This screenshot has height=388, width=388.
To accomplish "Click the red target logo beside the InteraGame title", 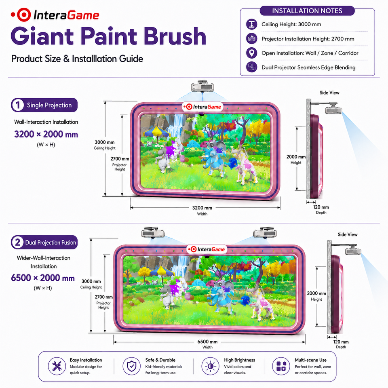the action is [x=24, y=15].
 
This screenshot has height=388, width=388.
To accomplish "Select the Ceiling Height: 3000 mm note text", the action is [x=291, y=24].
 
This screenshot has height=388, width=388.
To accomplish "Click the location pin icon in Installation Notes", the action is [x=252, y=53].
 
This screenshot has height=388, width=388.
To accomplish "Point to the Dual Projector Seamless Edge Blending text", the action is [x=308, y=67].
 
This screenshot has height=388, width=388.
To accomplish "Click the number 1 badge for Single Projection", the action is [x=17, y=105].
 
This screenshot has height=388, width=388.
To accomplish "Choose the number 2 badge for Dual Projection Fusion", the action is [x=17, y=242].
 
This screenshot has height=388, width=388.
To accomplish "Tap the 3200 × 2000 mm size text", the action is [x=46, y=134].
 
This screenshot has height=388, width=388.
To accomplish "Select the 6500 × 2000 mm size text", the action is [x=43, y=278].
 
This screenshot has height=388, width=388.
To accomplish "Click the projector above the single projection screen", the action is [x=202, y=86].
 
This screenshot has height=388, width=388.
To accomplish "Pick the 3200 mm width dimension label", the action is [x=202, y=208].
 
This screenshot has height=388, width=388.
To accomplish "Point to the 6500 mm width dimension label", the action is [x=207, y=342].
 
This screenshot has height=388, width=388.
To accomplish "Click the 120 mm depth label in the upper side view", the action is [x=321, y=207].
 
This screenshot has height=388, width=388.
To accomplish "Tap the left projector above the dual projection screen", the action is [x=153, y=233].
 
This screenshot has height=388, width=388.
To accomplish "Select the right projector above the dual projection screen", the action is [x=265, y=233].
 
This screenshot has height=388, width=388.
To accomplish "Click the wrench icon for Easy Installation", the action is [x=57, y=366].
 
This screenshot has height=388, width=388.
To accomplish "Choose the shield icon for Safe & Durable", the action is [x=131, y=366].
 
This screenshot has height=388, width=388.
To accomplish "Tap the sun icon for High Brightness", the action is [x=210, y=366].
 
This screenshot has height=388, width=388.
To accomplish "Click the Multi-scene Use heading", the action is [x=310, y=360].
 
